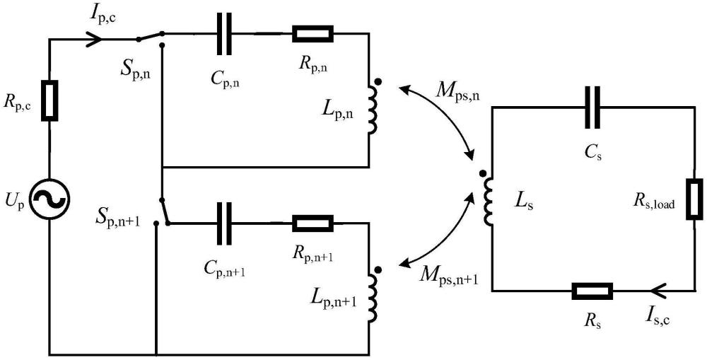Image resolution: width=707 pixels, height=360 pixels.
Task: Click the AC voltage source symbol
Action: pyautogui.click(x=49, y=200)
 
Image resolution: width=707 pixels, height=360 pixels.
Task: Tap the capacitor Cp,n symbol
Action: pyautogui.click(x=224, y=34)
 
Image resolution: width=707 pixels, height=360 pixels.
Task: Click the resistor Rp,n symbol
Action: pyautogui.click(x=312, y=33)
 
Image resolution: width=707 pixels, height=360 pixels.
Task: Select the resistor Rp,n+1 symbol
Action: pyautogui.click(x=312, y=223)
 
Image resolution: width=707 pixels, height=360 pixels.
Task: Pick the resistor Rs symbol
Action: pyautogui.click(x=592, y=291)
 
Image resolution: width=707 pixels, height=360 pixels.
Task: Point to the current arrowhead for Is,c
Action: pyautogui.click(x=656, y=291)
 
